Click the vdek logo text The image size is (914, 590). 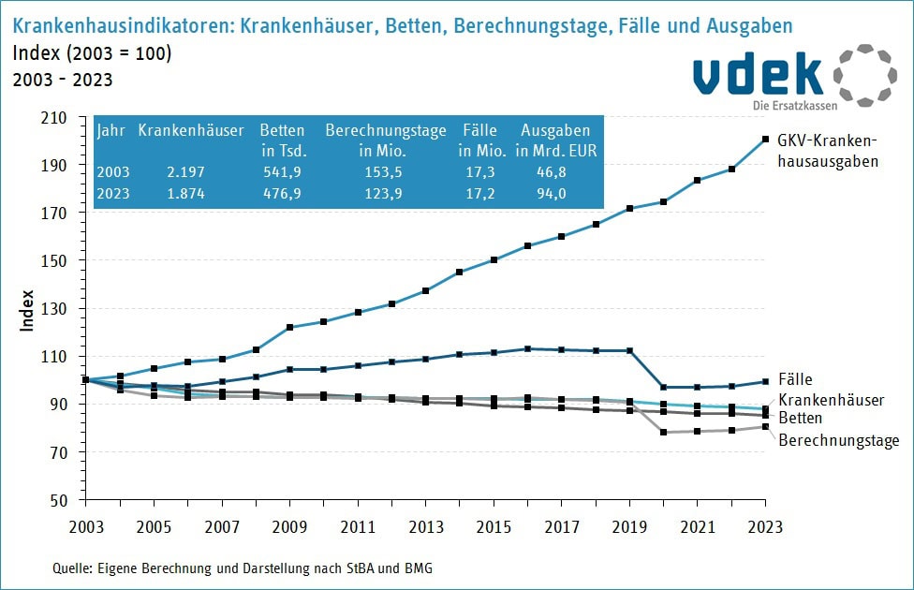coord(757,75)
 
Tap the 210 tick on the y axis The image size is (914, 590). coord(54,118)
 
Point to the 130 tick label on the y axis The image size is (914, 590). coord(54,309)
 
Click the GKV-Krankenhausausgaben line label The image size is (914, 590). coord(831,151)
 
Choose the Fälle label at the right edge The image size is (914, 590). coord(795,381)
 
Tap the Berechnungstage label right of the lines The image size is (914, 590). coord(839,439)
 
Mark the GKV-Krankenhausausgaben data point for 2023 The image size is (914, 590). coord(765,140)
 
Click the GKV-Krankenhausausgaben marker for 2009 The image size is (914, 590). coord(289,327)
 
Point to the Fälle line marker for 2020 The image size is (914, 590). coord(663,387)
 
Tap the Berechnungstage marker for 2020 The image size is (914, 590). coord(663,432)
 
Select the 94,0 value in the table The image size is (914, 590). coord(556,194)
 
